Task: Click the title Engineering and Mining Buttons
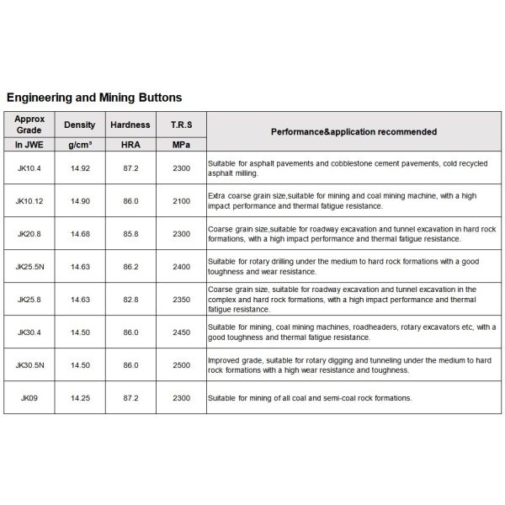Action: point(94,98)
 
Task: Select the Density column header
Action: point(79,125)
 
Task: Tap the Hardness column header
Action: point(130,125)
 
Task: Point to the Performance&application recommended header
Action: point(353,132)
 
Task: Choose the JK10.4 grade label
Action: point(29,168)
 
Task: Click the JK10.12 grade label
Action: point(29,200)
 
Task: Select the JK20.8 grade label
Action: point(29,233)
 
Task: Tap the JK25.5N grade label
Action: point(29,266)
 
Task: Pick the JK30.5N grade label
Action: point(29,364)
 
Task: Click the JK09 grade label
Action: point(29,397)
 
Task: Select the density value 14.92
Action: point(79,168)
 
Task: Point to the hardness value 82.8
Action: point(130,299)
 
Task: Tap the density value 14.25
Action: point(79,397)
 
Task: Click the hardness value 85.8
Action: point(130,233)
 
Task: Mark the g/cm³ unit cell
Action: point(79,145)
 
